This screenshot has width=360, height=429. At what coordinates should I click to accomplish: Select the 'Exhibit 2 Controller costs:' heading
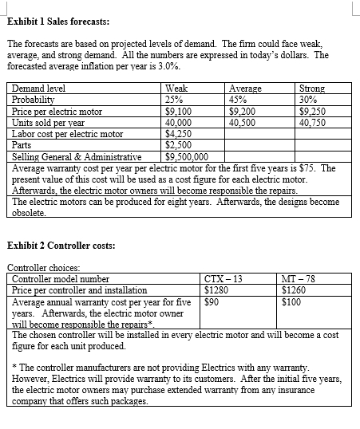pos(60,244)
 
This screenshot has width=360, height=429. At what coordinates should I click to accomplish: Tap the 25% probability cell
pos(174,101)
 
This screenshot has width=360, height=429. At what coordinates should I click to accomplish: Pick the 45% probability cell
pos(239,101)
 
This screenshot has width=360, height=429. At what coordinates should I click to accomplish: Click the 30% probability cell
pos(307,101)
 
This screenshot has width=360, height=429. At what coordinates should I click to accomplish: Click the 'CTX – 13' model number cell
pos(224,279)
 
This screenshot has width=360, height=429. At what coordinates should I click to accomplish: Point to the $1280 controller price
pos(217,290)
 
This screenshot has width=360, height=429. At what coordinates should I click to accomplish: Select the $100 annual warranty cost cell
pos(293,302)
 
